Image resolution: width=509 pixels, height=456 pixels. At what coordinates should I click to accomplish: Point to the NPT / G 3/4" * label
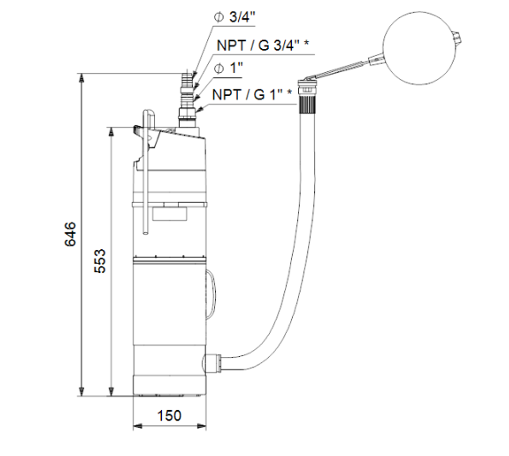pyautogui.click(x=263, y=45)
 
